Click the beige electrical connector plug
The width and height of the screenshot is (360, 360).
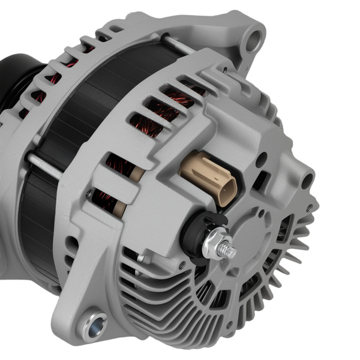click(207, 178)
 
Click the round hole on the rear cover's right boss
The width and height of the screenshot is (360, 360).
click(307, 180)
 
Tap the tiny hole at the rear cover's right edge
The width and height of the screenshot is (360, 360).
click(309, 208)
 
